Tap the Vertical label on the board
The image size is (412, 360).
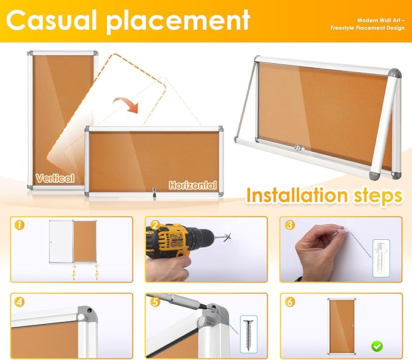coord(55,178)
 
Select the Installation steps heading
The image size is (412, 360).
coord(324,195)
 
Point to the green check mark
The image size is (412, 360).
coord(377,345)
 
